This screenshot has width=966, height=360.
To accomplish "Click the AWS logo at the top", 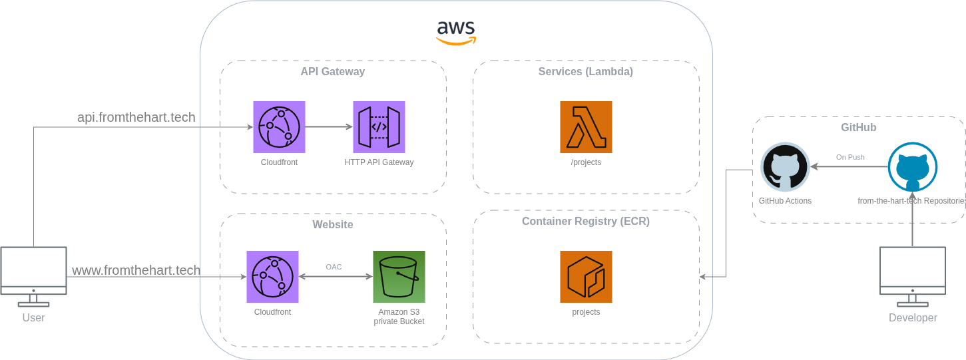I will pos(456,31).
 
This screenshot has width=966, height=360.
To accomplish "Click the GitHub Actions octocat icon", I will pos(785,167).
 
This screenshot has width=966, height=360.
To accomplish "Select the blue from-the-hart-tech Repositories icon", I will pos(913,167).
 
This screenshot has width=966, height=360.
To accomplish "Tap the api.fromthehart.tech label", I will pos(136,117).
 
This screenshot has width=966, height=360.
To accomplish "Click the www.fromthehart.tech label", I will pos(136,270).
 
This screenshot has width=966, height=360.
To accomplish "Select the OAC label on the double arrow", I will pos(334,267).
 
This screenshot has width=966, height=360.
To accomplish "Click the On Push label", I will pos(850,157).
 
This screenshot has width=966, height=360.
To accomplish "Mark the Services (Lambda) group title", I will pos(586,71).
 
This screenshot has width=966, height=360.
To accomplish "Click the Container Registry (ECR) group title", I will pos(586,222).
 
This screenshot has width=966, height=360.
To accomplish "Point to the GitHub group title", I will pos(858,127).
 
